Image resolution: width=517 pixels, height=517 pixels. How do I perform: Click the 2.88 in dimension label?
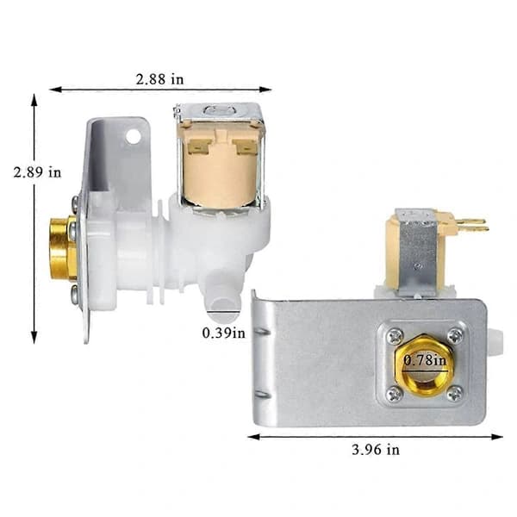coord(159,79)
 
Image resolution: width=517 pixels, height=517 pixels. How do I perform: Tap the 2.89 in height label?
coord(37,172)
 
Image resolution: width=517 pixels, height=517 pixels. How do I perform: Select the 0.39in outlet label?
coord(223,333)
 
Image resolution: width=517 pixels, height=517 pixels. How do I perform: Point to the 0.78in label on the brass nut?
coord(425,359)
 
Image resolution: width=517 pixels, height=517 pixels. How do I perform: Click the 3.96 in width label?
coord(376,450)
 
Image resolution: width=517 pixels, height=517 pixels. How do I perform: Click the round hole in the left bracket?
coord(134,136)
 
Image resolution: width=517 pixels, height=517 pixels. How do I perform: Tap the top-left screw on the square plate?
coord(395,336)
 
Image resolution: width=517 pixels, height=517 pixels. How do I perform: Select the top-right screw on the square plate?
coord(456,336)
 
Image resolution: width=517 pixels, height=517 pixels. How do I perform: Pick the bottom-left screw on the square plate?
coord(395,395)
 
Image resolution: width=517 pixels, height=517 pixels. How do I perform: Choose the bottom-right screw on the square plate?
coord(455,394)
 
